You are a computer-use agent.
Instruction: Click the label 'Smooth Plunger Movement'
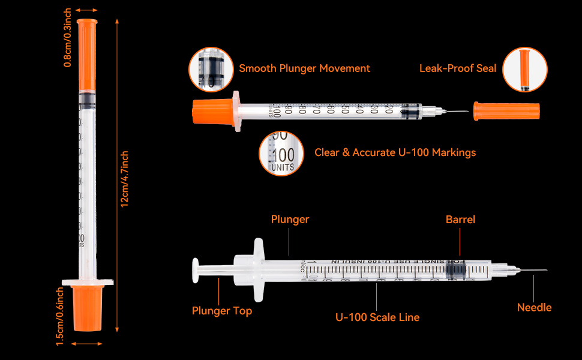pyautogui.click(x=304, y=68)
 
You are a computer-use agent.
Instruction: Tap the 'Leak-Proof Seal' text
pyautogui.click(x=458, y=68)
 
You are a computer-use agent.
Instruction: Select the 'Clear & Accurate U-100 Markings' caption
pyautogui.click(x=395, y=152)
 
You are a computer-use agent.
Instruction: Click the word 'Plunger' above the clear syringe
pyautogui.click(x=290, y=220)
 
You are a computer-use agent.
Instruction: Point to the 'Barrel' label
pyautogui.click(x=460, y=220)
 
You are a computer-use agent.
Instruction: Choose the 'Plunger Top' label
pyautogui.click(x=222, y=311)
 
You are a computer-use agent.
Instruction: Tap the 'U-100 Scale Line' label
pyautogui.click(x=377, y=317)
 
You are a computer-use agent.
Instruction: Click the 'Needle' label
pyautogui.click(x=534, y=308)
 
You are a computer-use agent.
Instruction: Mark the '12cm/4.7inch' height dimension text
pyautogui.click(x=125, y=179)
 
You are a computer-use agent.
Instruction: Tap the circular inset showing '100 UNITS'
pyautogui.click(x=281, y=152)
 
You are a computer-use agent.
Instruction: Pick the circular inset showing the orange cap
pyautogui.click(x=524, y=70)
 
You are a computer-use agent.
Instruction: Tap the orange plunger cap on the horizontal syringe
pyautogui.click(x=213, y=112)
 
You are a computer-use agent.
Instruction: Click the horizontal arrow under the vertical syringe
pyautogui.click(x=88, y=344)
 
